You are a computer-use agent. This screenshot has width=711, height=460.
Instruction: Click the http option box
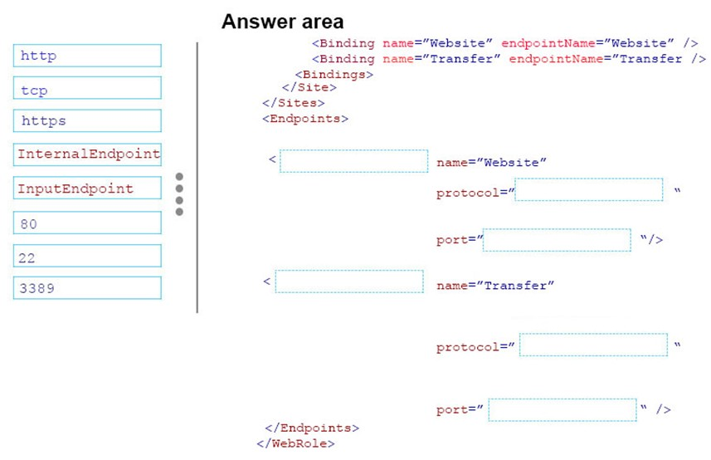pos(87,56)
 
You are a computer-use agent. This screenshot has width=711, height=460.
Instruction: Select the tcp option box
pos(87,88)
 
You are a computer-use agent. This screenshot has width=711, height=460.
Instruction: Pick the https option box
pos(87,120)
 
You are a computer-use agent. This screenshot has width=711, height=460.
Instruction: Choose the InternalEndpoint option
pos(87,154)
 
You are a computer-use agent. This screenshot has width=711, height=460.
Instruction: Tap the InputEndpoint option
pos(87,188)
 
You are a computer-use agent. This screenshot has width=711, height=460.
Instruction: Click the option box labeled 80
pos(87,223)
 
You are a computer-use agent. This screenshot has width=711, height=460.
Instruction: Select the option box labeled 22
pos(87,256)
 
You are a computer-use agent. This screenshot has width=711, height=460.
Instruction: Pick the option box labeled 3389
pos(87,288)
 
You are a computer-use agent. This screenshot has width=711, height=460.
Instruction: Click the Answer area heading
pos(283,22)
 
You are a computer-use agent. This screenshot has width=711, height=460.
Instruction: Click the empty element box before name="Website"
pos(353,161)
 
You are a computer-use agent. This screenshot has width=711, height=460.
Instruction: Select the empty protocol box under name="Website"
pos(589,189)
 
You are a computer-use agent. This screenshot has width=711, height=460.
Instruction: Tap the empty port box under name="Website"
pos(557,240)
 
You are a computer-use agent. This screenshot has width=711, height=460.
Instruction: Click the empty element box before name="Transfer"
pos(349,281)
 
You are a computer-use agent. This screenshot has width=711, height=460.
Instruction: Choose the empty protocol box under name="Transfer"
pos(593,345)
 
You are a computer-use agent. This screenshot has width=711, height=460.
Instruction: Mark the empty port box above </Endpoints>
pos(562,410)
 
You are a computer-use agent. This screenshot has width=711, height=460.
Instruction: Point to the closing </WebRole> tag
pos(295,443)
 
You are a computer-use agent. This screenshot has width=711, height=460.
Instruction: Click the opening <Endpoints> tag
pos(305,119)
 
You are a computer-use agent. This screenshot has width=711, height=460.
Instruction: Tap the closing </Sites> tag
pos(294,103)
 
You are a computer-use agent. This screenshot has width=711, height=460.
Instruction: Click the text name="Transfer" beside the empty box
pos(495,286)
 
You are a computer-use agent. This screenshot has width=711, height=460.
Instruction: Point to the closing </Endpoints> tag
pos(312,428)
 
